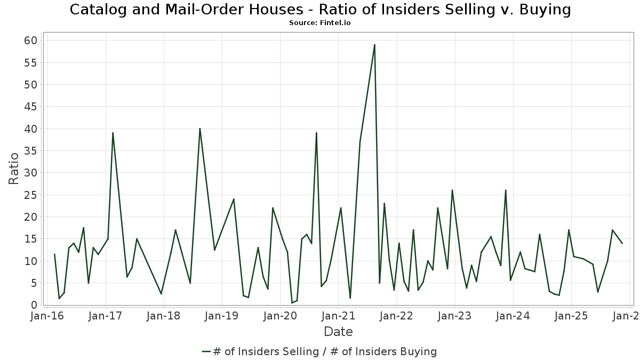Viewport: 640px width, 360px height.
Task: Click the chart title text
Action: [320, 10]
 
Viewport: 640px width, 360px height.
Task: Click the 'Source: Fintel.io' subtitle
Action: [320, 23]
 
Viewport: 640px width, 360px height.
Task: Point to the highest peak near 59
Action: [374, 45]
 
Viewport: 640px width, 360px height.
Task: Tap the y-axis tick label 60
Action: [30, 41]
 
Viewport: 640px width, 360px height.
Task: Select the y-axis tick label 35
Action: [30, 151]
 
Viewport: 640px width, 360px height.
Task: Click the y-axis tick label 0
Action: [34, 305]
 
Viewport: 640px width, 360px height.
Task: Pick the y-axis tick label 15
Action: [30, 239]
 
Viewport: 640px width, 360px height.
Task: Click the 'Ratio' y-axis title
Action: [14, 169]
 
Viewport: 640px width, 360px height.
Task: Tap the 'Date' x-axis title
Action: [338, 332]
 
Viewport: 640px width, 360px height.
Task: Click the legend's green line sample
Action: [206, 351]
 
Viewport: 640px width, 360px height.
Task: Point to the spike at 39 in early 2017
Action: [113, 133]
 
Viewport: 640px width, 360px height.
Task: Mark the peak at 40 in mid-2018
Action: [199, 129]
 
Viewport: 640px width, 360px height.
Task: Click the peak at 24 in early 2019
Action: [234, 199]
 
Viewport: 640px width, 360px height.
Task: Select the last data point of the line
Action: [622, 243]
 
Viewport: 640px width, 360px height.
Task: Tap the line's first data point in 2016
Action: [54, 254]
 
